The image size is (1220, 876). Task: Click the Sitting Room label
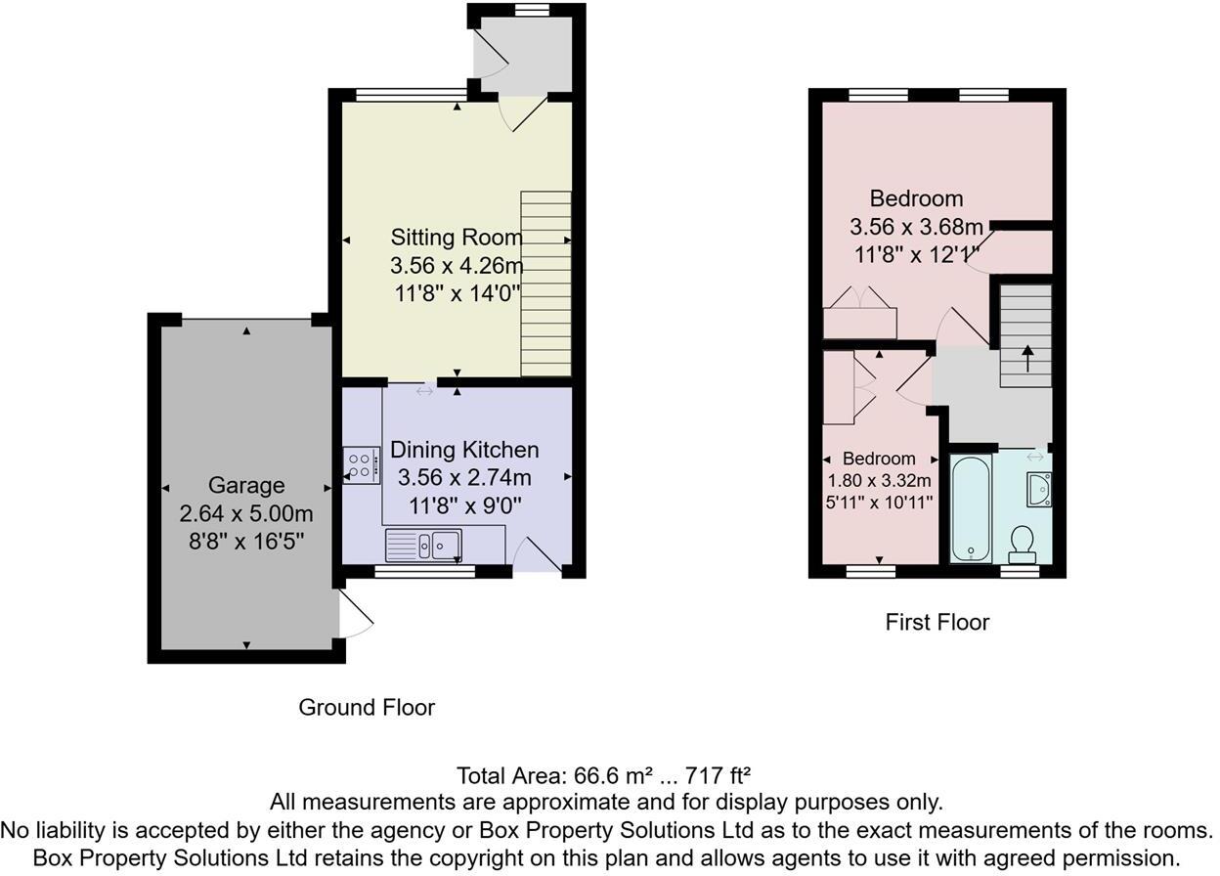(x=457, y=237)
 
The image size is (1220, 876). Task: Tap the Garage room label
(x=246, y=485)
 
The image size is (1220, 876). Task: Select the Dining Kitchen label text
(x=464, y=450)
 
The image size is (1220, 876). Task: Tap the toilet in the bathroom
(x=1023, y=544)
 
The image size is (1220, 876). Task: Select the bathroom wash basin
(x=1038, y=488)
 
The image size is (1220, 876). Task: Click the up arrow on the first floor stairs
(x=1026, y=355)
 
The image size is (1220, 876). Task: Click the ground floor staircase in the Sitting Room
(x=545, y=284)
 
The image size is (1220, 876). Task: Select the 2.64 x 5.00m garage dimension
(x=246, y=514)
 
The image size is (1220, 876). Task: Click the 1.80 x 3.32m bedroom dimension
(x=879, y=480)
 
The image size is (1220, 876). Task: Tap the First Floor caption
(x=937, y=622)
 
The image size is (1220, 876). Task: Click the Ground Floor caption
(x=367, y=707)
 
